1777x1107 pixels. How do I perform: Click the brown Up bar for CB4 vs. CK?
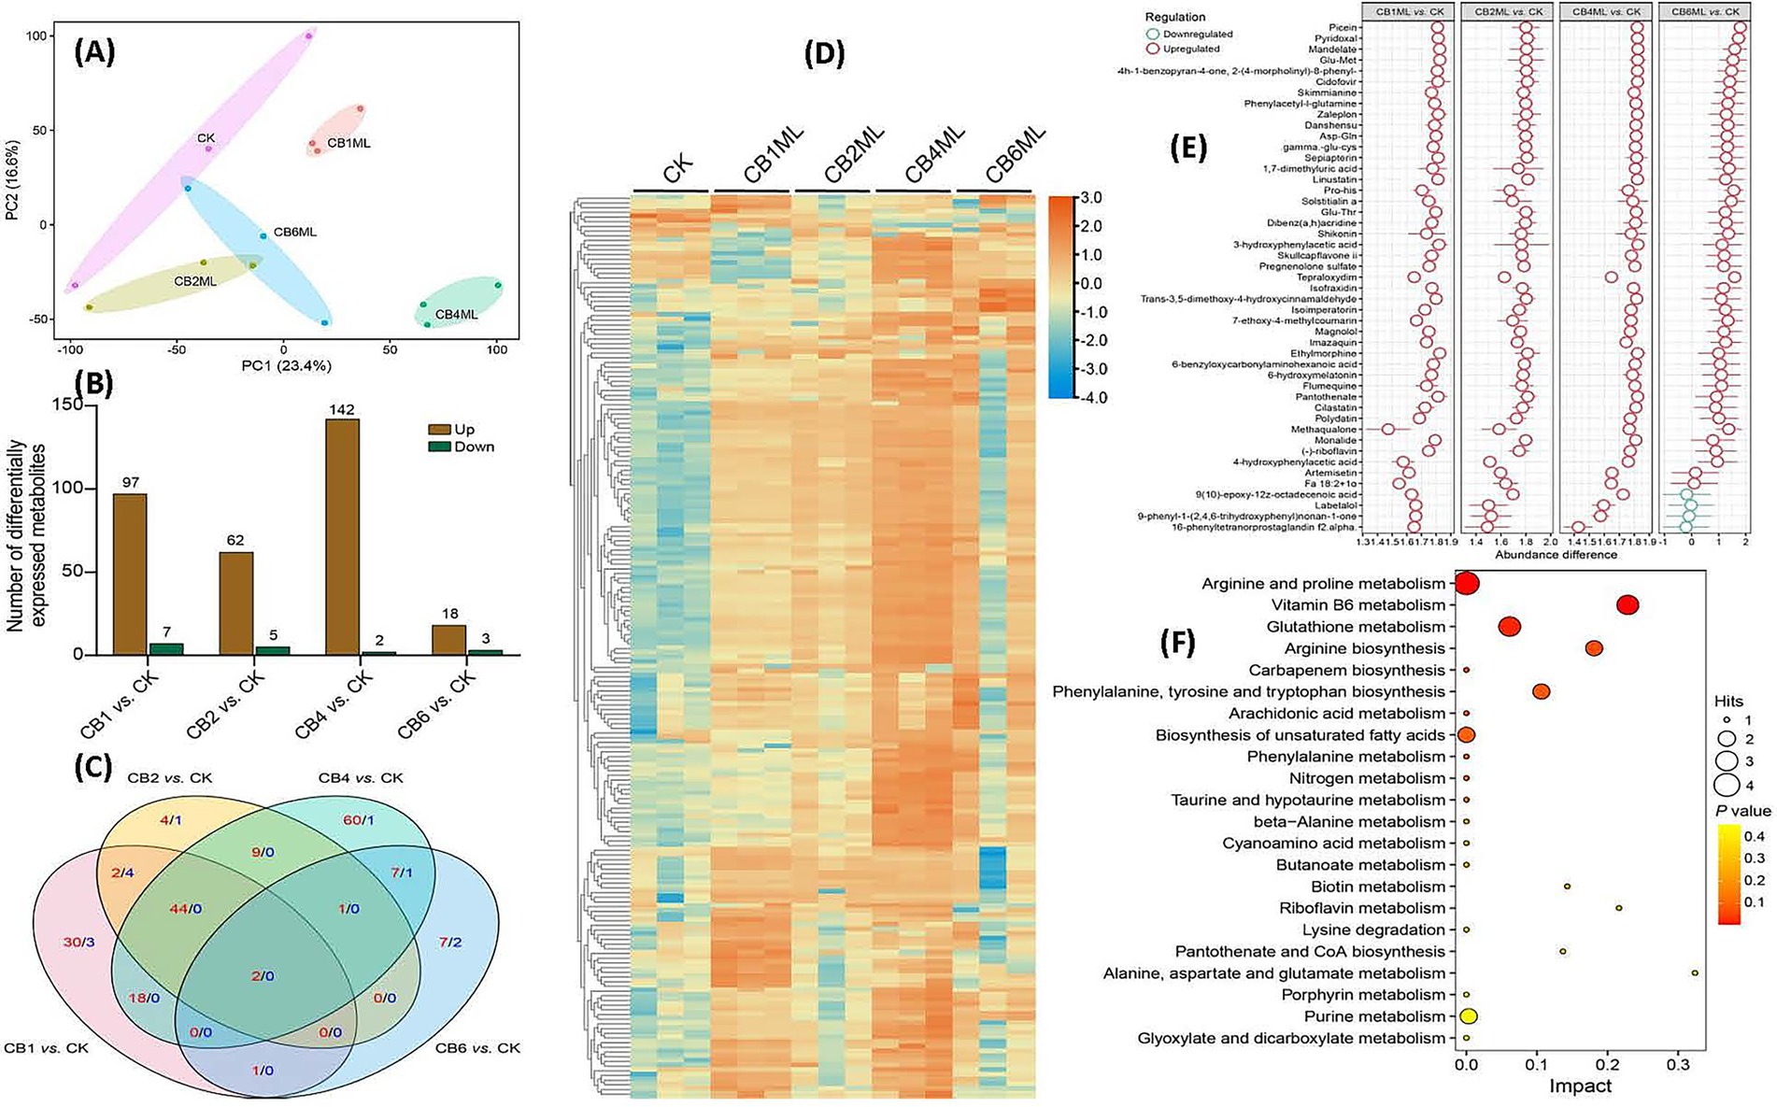tap(342, 537)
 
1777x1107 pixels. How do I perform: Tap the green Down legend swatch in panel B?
tap(437, 447)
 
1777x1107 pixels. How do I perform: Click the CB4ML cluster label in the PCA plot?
tap(456, 315)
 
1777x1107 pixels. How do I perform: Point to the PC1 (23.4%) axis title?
tap(283, 366)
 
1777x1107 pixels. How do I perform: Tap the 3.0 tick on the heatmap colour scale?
tap(1090, 198)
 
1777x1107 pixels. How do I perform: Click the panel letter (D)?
tap(823, 55)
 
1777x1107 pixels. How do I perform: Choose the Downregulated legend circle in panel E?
tap(1152, 35)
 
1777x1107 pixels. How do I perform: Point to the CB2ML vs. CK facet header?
tap(1508, 10)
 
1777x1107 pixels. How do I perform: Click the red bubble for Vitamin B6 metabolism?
tap(1628, 605)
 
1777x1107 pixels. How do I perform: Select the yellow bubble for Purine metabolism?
tap(1467, 1016)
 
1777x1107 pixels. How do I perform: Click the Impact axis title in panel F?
tap(1580, 1086)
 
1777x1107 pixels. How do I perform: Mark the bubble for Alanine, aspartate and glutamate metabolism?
tap(1695, 973)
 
